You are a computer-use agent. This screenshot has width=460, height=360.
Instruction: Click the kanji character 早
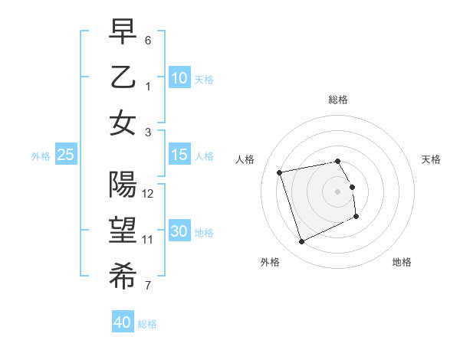pos(123,31)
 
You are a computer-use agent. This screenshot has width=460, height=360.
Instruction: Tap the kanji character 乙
pos(123,77)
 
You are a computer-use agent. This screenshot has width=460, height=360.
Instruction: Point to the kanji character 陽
pos(123,185)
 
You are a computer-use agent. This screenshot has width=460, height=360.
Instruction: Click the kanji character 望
pos(123,231)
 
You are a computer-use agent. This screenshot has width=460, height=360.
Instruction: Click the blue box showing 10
pos(179,77)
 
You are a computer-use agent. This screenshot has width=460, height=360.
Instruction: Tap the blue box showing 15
pos(179,155)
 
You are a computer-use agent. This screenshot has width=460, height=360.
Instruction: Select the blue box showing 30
pos(179,231)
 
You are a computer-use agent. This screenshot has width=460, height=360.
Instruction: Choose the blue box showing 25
pos(66,155)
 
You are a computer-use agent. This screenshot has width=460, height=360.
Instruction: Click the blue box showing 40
pos(123,322)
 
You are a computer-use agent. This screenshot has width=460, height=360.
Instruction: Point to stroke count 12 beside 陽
pos(148,194)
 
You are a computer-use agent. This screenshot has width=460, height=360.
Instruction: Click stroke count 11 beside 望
pos(148,240)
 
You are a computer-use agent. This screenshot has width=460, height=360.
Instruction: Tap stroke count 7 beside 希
pos(148,286)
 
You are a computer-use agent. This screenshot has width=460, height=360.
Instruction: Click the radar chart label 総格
pos(338,100)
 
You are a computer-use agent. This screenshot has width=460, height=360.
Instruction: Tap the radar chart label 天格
pos(432,159)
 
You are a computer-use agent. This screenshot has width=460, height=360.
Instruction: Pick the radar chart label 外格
pos(270,262)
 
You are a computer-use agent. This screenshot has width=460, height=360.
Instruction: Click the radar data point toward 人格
pos(280,172)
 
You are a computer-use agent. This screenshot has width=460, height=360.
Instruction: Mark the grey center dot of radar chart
pos(338,191)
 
